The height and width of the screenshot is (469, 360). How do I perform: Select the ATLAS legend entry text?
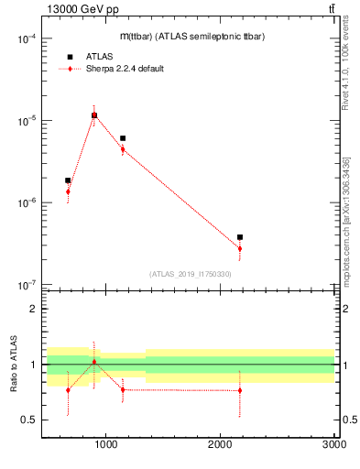(99, 56)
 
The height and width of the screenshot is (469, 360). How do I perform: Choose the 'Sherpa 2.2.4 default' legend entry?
(125, 69)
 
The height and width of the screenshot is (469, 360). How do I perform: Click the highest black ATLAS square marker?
(94, 115)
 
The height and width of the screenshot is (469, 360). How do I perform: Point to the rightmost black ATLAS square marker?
(240, 237)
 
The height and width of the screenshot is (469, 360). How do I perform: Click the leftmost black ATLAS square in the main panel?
(68, 180)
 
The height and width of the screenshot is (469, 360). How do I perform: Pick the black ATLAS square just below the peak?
(123, 138)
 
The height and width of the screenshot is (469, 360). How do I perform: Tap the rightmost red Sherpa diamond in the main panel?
(240, 248)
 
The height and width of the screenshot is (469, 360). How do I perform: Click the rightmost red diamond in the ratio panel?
(240, 390)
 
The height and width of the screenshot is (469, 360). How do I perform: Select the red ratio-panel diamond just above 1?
(94, 362)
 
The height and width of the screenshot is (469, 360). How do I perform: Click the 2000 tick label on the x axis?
(220, 444)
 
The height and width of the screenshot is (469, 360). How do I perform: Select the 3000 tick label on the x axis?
(333, 444)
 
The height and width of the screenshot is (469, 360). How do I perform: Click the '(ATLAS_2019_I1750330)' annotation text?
(190, 274)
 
